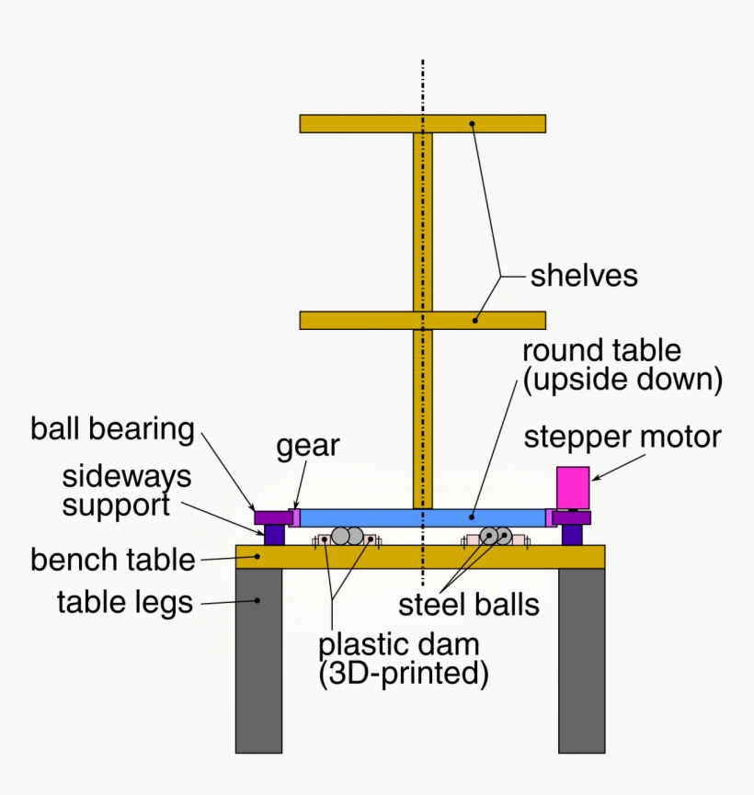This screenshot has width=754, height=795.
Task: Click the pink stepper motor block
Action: click(x=573, y=487)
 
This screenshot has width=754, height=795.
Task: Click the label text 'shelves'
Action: click(x=584, y=276)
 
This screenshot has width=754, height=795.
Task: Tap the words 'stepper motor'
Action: click(x=623, y=437)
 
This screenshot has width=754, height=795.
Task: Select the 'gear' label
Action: click(x=309, y=447)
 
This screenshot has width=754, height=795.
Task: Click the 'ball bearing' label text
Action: click(x=112, y=429)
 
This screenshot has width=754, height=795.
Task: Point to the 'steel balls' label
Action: click(x=468, y=605)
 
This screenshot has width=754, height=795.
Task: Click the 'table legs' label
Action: click(x=125, y=603)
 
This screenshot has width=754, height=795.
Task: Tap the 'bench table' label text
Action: click(x=113, y=559)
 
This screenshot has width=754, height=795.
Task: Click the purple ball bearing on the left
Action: click(x=272, y=517)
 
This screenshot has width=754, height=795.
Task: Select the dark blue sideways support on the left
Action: click(x=274, y=534)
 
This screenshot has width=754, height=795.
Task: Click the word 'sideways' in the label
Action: click(x=127, y=476)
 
